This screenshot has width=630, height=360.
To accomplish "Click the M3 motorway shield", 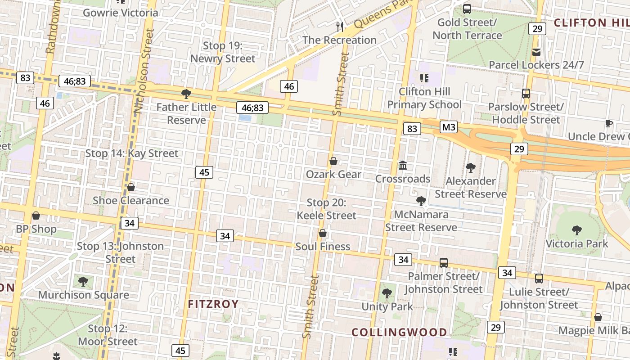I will point(449,127).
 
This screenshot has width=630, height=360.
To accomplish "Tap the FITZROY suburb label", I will point(213,304).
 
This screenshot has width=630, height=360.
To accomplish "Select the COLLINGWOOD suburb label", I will point(399,333).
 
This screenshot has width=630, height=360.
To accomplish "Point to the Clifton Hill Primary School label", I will point(424,98).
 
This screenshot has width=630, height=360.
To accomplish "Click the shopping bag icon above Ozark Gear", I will point(333,161).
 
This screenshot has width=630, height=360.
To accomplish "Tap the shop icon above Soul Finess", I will point(323,233).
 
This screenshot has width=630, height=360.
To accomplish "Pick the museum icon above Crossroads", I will point(403,166).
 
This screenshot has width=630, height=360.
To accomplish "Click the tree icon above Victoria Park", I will point(576,230).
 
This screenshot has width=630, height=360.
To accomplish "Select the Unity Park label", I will point(387,306).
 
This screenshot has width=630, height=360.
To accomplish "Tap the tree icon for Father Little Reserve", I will point(186,94).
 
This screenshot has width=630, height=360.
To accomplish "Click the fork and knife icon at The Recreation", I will point(340,27).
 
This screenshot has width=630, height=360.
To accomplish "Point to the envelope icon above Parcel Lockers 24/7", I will point(536,52).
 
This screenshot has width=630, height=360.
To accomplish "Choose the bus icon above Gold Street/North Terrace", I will point(467,9).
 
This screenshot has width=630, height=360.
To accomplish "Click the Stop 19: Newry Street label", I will point(223,52).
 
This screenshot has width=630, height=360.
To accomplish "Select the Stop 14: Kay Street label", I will point(132,153).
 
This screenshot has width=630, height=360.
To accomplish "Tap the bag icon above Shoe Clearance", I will point(131,187).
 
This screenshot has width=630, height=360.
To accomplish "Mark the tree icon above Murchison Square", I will point(83,282).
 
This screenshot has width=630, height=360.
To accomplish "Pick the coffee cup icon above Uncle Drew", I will point(608,123).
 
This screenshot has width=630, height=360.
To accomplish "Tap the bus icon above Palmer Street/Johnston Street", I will point(444,263).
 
